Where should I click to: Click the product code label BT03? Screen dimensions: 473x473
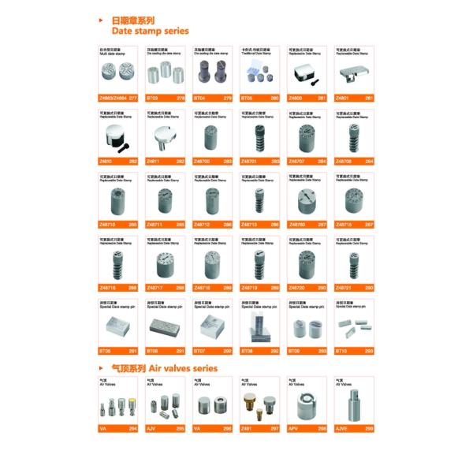pos(154,99)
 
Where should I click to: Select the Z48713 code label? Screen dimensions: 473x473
pos(250,225)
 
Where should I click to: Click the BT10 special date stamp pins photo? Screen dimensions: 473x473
pos(353,324)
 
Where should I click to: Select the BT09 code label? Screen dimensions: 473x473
pos(295,351)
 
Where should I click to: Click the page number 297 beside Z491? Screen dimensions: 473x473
pos(274,428)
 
